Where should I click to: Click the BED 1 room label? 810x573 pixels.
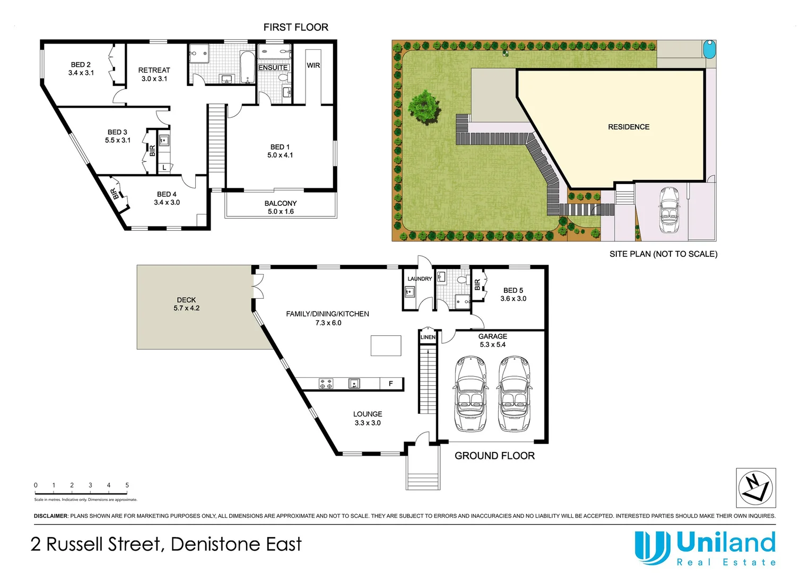tap(280, 147)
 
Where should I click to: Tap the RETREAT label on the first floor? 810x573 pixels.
tap(154, 70)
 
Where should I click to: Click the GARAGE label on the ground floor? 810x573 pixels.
tap(492, 336)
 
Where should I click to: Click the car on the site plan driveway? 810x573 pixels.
tap(669, 210)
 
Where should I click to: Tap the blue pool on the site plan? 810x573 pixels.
tap(709, 50)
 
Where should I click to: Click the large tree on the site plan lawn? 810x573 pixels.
tap(423, 108)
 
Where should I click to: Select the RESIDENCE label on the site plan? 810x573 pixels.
tap(629, 127)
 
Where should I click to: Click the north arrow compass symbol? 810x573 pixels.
tap(756, 488)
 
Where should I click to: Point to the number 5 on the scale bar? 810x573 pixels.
tap(127, 485)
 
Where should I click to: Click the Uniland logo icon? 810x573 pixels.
tap(652, 548)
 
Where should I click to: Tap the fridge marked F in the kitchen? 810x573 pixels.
tap(391, 384)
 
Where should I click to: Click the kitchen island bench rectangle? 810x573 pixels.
tap(386, 345)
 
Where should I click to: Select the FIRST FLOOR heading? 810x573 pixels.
tap(295, 27)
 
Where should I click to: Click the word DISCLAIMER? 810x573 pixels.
tap(51, 516)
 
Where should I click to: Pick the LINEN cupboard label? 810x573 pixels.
tap(428, 337)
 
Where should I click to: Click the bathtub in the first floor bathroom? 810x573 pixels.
tap(247, 67)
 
